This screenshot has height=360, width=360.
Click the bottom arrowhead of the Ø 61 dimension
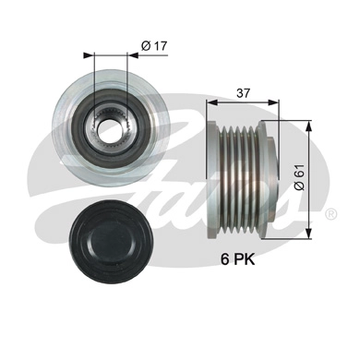304,233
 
